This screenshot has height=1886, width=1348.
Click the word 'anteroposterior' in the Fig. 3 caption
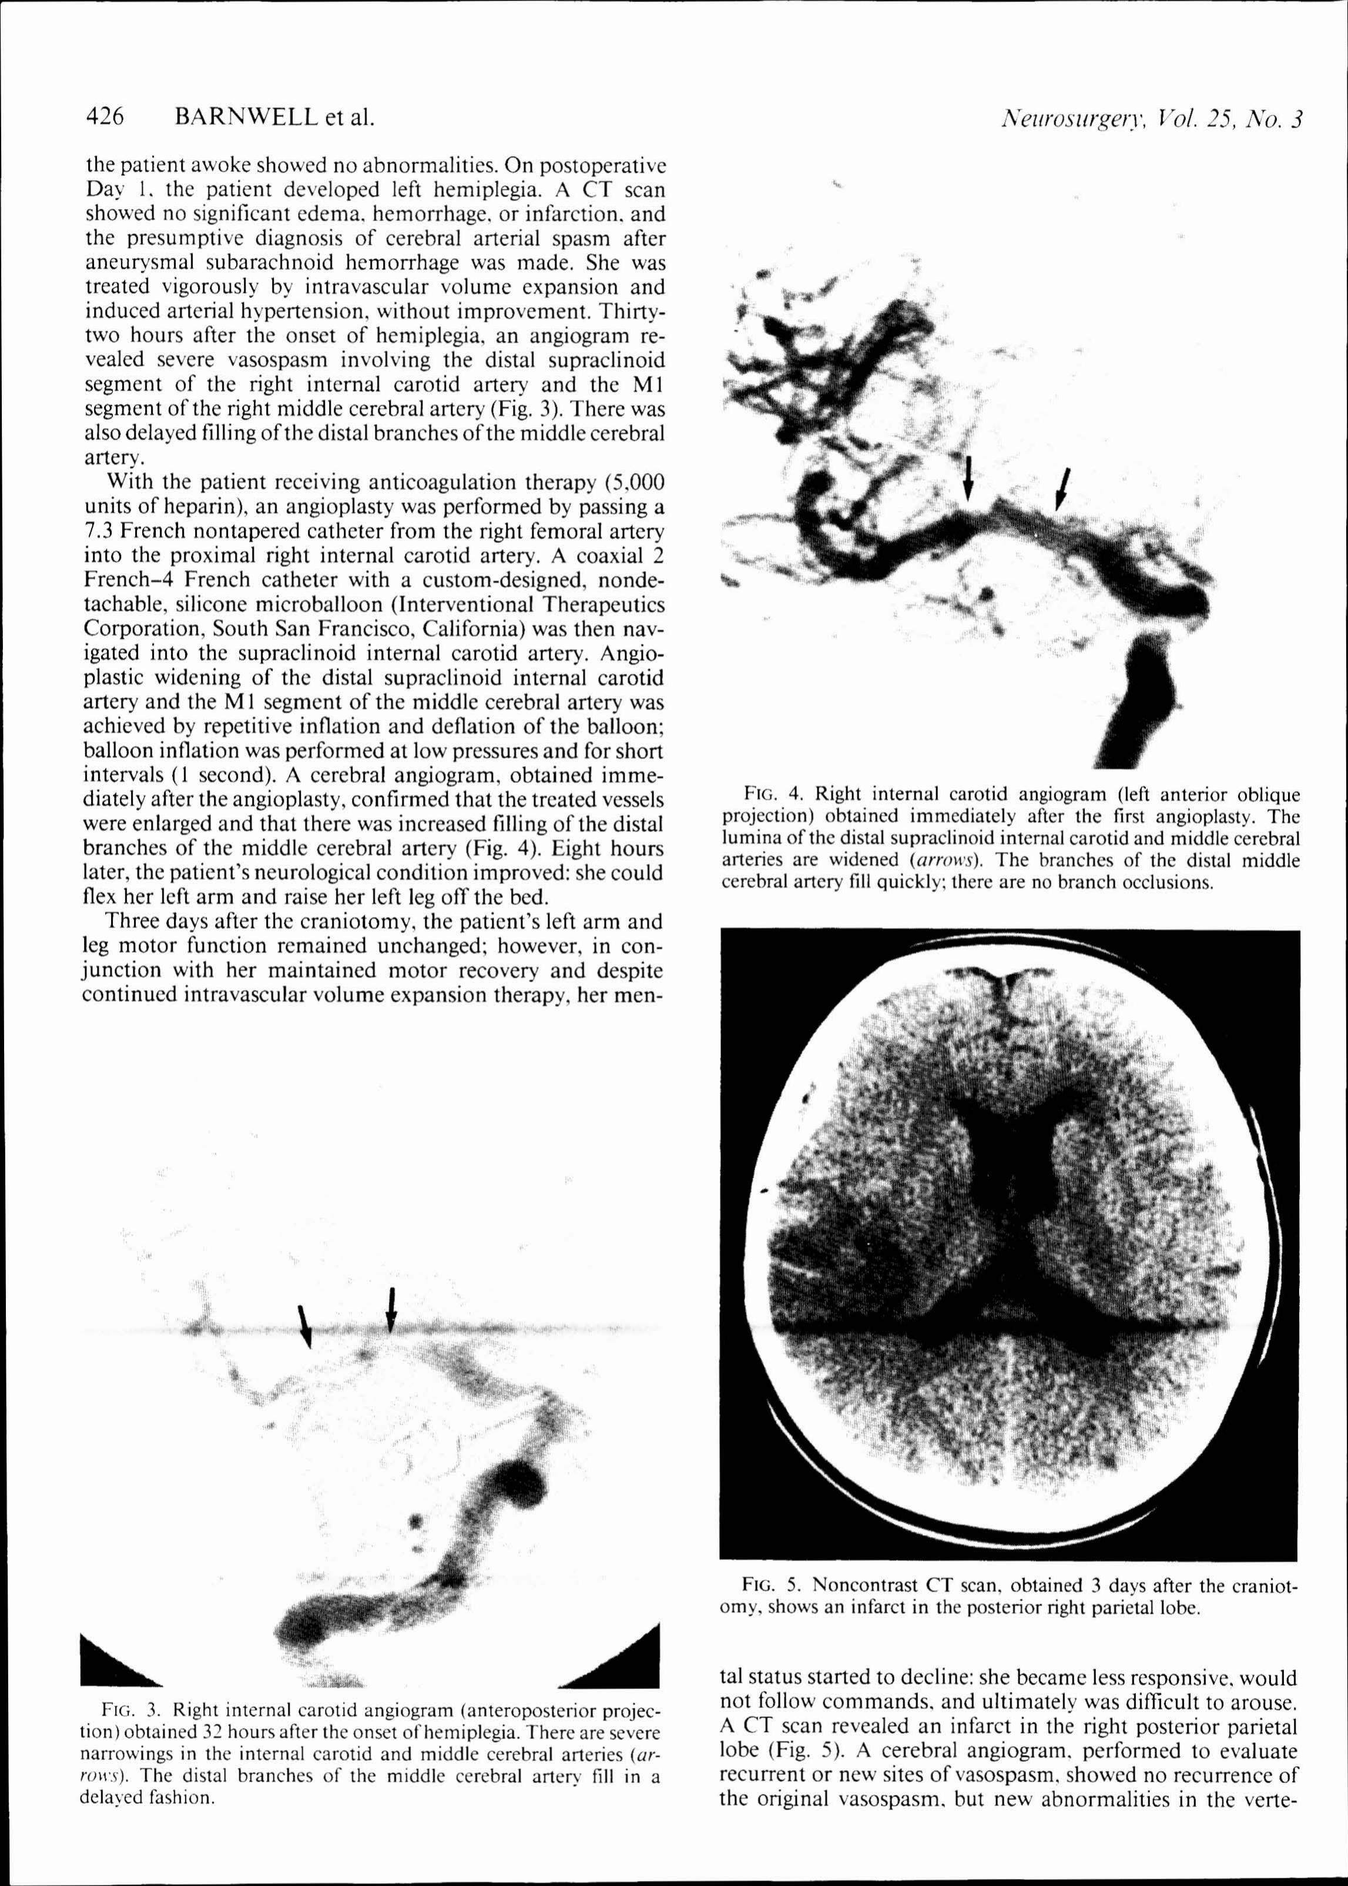(543, 1710)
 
